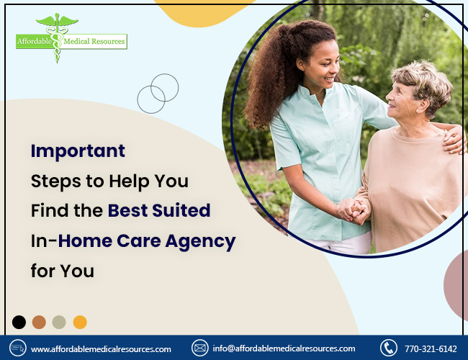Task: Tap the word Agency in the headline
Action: coord(201,242)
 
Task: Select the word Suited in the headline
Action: coord(181,210)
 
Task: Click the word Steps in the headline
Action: coord(56,181)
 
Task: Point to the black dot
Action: coord(19,322)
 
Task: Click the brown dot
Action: coord(39,322)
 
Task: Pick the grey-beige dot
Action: coord(59,322)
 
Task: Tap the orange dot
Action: coord(80,322)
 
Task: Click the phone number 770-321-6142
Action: coord(431,348)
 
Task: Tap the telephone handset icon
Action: coord(389,348)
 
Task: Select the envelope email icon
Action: coord(199,348)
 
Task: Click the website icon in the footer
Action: coord(18,348)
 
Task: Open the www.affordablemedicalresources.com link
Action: coord(101,349)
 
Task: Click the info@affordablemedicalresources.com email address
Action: coord(284,348)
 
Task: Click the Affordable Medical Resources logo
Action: coord(71,38)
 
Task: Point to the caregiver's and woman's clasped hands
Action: coord(354,211)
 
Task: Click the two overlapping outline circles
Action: coord(158,94)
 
